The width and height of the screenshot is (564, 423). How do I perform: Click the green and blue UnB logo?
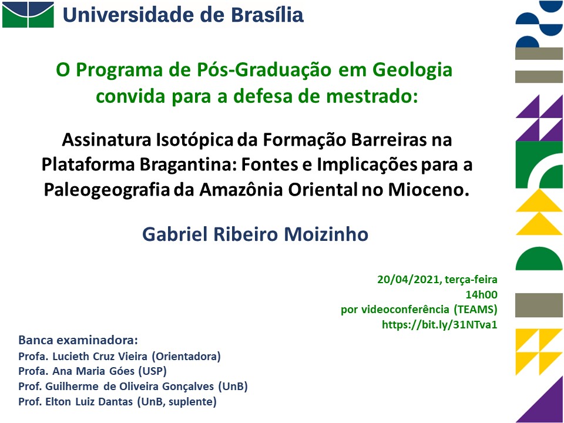tap(28, 14)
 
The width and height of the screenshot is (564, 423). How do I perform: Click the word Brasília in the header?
tap(267, 15)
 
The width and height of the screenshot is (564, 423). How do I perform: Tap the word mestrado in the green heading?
tap(372, 96)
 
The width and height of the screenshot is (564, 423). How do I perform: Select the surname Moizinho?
tap(326, 234)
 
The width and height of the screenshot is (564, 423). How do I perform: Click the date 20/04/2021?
tap(409, 280)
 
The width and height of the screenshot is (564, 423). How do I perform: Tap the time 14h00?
tap(482, 294)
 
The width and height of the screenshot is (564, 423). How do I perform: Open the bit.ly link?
tap(439, 325)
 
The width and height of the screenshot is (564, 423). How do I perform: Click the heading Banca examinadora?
tap(78, 340)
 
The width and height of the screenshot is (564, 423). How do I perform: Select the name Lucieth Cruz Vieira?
tap(100, 357)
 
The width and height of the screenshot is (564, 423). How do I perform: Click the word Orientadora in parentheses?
tap(186, 357)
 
